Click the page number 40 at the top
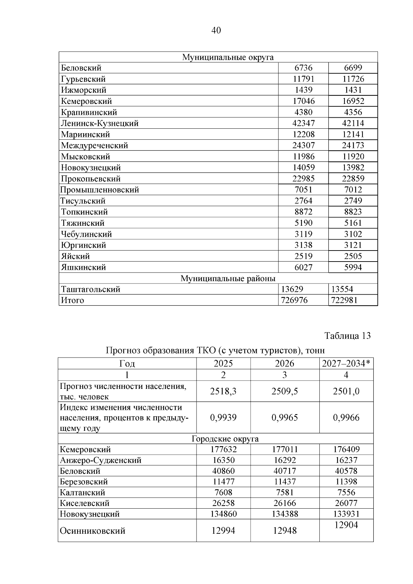216,31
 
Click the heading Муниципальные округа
227,57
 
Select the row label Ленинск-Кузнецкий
99,123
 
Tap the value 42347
303,123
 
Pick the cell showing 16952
353,101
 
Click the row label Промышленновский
99,190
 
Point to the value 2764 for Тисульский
303,201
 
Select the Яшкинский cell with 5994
353,267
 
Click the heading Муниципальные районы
228,278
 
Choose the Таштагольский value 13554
342,289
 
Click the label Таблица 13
348,336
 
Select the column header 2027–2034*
347,364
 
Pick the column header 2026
285,364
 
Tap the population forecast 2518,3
223,391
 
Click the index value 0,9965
285,418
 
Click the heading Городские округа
225,439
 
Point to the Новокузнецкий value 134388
285,514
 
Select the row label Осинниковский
93,531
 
